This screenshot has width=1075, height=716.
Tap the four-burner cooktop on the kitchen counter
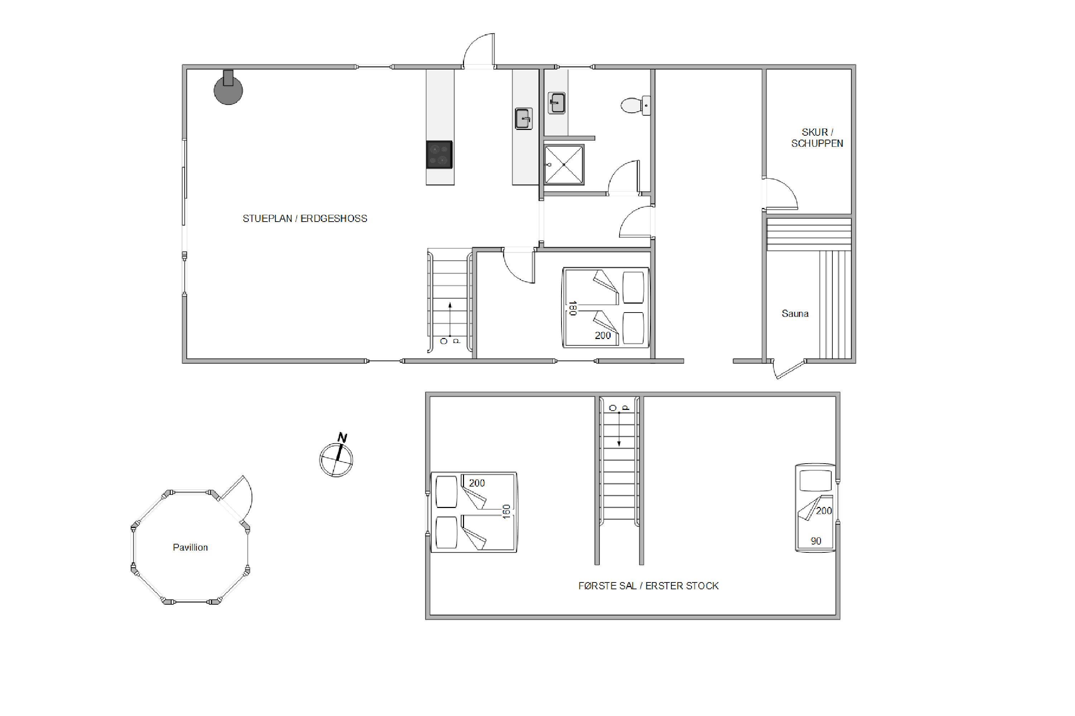(439, 154)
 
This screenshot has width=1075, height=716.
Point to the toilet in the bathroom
(635, 106)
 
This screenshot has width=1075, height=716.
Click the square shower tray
(564, 164)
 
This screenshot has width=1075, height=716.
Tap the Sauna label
(795, 314)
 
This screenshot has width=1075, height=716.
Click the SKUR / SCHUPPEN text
(817, 137)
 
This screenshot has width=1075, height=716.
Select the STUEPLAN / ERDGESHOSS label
(305, 219)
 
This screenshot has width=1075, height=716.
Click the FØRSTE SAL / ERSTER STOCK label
(648, 586)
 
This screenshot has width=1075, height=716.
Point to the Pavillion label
(190, 547)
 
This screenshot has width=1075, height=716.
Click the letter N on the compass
(342, 437)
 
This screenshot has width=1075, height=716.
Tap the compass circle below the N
(336, 460)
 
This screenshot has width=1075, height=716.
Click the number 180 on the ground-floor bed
(572, 308)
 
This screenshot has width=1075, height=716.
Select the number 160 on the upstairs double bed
(506, 512)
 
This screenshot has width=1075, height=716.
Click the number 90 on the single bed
(816, 541)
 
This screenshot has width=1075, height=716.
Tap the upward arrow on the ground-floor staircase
(450, 320)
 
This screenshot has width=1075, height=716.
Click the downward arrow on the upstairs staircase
(619, 429)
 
